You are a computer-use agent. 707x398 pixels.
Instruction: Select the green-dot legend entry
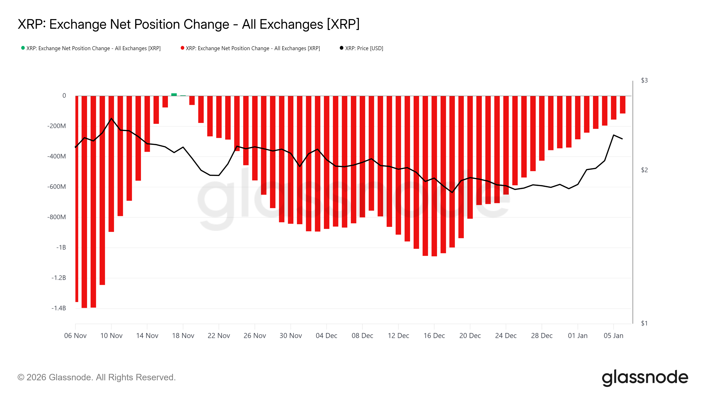[x=91, y=48]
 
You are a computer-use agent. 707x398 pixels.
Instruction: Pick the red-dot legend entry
[x=250, y=48]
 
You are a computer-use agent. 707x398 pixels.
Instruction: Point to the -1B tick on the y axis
[x=61, y=247]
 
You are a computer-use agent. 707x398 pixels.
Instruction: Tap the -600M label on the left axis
[x=57, y=187]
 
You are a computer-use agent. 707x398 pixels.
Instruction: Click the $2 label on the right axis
[x=644, y=170]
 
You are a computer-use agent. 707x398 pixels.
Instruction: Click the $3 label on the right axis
[x=644, y=80]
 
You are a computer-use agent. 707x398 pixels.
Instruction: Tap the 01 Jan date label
[x=578, y=336]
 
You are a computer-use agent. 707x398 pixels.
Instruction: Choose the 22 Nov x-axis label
[x=219, y=336]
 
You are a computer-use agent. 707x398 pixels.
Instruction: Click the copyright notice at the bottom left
[x=96, y=377]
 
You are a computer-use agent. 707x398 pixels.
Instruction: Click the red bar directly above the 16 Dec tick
[x=434, y=176]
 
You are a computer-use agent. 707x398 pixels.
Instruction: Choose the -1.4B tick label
[x=59, y=308]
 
